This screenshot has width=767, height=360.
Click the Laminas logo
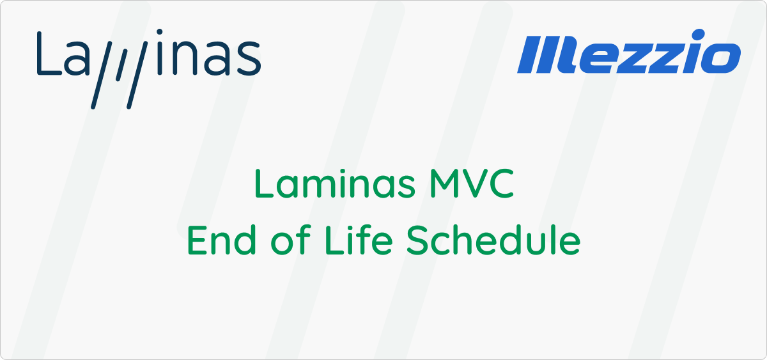pos(149,69)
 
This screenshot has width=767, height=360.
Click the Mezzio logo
pos(629,51)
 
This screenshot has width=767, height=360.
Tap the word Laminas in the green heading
pos(335,184)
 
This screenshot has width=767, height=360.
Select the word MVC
pos(472,184)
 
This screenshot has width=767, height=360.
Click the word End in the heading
pos(222,240)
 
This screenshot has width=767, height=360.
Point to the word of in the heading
pos(291,240)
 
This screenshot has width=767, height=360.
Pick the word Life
pos(359,240)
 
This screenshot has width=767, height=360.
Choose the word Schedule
pos(493,240)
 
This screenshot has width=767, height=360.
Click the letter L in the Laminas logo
pos(49,53)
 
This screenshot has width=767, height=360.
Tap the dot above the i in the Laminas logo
pos(160,32)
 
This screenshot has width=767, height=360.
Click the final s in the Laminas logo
pos(249,58)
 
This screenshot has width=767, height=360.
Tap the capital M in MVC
pos(444,184)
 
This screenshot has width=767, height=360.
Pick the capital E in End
pos(198,240)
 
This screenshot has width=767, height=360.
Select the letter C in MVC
pos(501,184)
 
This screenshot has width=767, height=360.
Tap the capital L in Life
pos(335,240)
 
